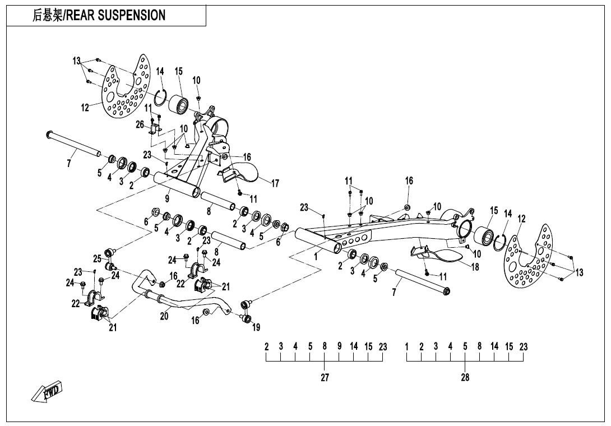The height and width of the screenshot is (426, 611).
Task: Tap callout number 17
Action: (275, 183)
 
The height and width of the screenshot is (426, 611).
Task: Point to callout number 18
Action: (475, 267)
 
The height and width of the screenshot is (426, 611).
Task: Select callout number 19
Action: (256, 327)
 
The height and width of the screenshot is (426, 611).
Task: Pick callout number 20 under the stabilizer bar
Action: (164, 316)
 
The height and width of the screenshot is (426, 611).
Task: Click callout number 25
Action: (97, 258)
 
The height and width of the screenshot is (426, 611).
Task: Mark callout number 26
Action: (140, 124)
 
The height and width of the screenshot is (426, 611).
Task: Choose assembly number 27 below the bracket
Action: (325, 377)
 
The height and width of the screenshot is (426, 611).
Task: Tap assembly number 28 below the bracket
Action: (465, 377)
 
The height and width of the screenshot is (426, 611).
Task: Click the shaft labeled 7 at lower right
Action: (423, 281)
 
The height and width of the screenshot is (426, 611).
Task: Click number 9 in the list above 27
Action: (339, 346)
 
